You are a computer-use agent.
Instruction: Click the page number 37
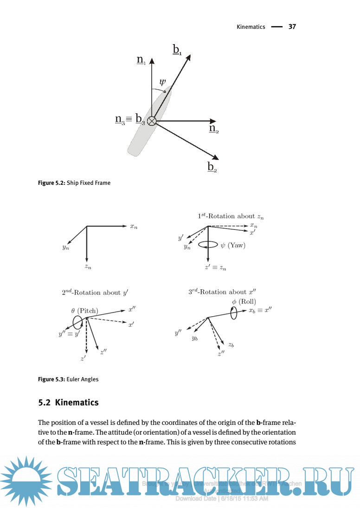[x=292, y=26]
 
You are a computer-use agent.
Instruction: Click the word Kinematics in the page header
[x=251, y=27]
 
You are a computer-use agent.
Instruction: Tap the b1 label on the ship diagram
[x=178, y=50]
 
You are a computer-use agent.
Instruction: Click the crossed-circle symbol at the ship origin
[x=152, y=122]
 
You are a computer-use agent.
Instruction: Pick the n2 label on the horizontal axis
[x=213, y=129]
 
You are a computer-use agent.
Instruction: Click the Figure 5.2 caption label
[x=51, y=183]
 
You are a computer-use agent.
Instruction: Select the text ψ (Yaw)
[x=232, y=245]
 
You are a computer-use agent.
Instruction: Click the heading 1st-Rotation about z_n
[x=231, y=216]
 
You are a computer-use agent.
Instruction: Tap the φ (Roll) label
[x=244, y=302]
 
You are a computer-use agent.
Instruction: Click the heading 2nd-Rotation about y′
[x=95, y=293]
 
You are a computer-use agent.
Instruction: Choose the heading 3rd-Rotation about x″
[x=222, y=292]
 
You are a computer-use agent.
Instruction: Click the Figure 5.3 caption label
[x=51, y=379]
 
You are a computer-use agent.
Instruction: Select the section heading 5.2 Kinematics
[x=68, y=403]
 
